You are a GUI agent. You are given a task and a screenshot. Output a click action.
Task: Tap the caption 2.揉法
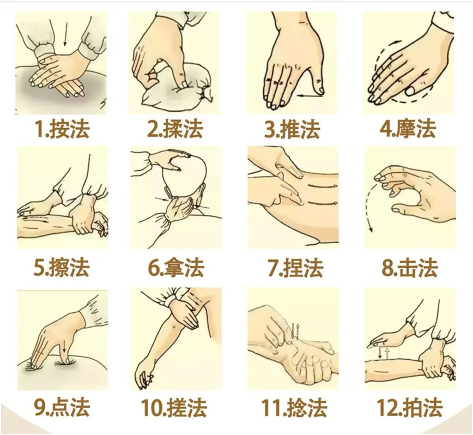click(175, 129)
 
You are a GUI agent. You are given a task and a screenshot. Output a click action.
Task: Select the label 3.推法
click(292, 129)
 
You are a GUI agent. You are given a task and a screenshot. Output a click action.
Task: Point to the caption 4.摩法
click(408, 129)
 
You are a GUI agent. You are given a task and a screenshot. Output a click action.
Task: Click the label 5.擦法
click(62, 267)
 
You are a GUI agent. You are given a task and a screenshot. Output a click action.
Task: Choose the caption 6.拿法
click(176, 267)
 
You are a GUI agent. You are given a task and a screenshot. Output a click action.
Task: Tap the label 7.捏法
click(295, 267)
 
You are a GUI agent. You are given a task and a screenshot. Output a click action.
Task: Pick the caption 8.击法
click(409, 267)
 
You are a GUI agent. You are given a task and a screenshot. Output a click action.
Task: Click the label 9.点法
click(62, 408)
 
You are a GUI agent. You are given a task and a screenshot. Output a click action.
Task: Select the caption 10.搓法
click(174, 408)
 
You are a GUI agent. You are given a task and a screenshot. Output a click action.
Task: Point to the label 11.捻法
click(294, 408)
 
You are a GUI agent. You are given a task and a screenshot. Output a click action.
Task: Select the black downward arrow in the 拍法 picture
click(381, 353)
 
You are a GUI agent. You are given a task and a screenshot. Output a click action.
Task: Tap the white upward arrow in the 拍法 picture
click(387, 353)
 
